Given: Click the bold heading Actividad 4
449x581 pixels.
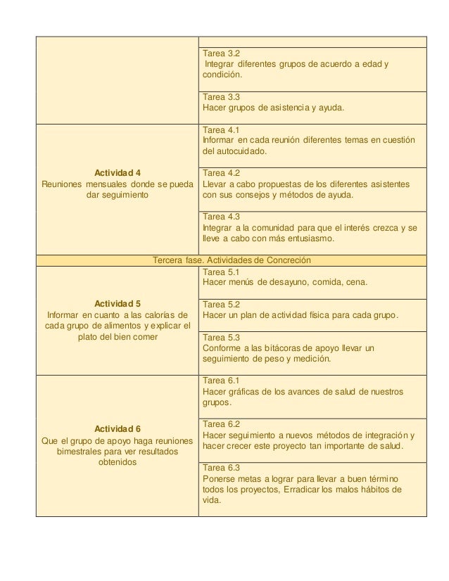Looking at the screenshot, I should (x=118, y=172).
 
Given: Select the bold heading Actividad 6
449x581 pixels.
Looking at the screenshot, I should (x=118, y=429).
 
